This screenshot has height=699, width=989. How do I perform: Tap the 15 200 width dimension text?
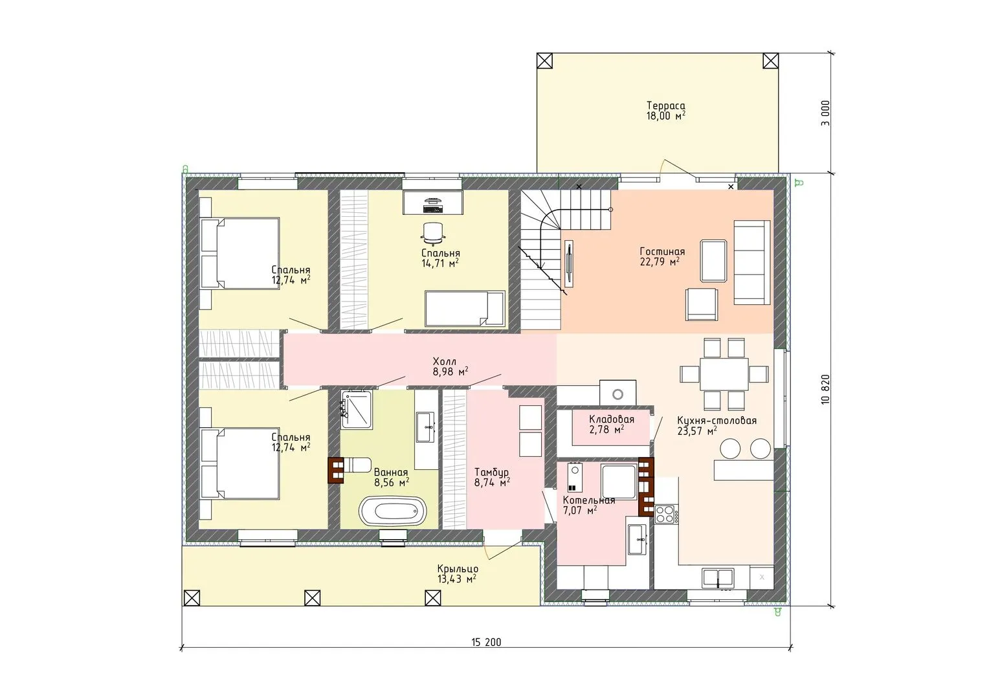[486, 642]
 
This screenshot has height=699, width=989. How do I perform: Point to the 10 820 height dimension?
[826, 390]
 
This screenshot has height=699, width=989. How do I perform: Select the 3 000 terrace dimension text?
[826, 113]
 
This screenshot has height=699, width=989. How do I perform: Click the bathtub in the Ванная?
[392, 511]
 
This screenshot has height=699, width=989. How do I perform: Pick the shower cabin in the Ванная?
[356, 409]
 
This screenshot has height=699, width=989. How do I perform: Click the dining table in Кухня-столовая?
[724, 373]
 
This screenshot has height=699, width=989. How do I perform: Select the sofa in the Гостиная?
[752, 262]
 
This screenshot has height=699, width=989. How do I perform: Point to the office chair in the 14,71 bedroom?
[432, 234]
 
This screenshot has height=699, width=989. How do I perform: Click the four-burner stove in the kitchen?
[666, 515]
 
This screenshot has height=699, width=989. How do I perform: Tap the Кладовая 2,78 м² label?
[612, 425]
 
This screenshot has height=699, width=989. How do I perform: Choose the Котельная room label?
[589, 500]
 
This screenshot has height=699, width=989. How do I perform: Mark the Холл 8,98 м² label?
[450, 367]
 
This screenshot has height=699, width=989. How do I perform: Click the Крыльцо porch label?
[458, 569]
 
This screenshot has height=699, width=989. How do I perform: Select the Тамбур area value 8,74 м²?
[493, 483]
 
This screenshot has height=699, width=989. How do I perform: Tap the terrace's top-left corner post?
[544, 60]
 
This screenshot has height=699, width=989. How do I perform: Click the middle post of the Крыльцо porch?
[313, 598]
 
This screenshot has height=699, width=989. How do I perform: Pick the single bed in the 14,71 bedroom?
[465, 308]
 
